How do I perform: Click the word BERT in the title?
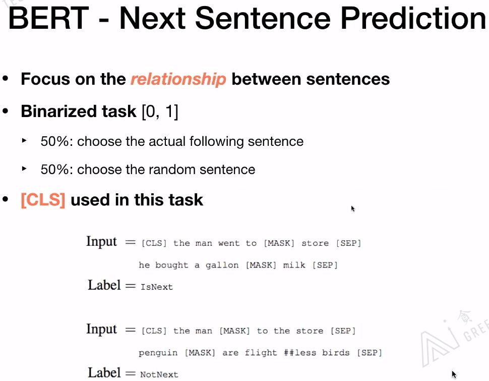pyautogui.click(x=49, y=18)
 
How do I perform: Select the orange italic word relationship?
pyautogui.click(x=178, y=79)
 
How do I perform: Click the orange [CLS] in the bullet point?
pyautogui.click(x=43, y=200)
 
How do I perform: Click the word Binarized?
pyautogui.click(x=79, y=111)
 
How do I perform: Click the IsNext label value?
pyautogui.click(x=157, y=287)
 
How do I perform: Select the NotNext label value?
pyautogui.click(x=159, y=374)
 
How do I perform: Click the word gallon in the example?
pyautogui.click(x=222, y=265)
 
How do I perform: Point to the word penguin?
pyautogui.click(x=158, y=353)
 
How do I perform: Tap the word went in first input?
pyautogui.click(x=228, y=243)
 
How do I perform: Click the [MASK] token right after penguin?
pyautogui.click(x=200, y=353)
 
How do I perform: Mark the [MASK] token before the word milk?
pyautogui.click(x=261, y=265)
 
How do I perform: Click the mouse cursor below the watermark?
pyautogui.click(x=454, y=374)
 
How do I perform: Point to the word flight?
pyautogui.click(x=261, y=353)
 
